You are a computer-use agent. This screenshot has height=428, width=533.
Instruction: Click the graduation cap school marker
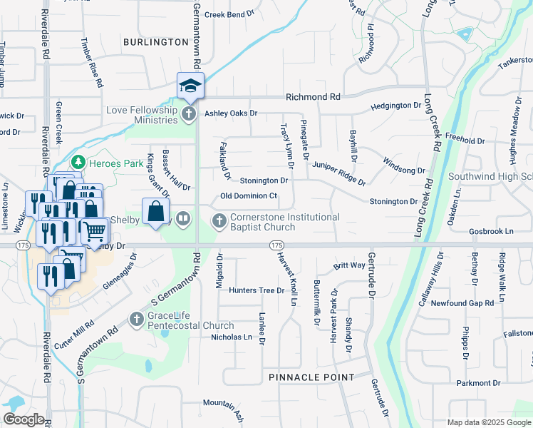coord(190,86)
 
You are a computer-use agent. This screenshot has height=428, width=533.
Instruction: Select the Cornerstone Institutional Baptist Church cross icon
coord(219,221)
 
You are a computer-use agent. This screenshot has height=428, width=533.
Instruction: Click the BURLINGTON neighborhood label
coord(155,43)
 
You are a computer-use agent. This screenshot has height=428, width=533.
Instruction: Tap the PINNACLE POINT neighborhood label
coord(311,377)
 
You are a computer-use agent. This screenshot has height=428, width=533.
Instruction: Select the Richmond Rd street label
coord(313,96)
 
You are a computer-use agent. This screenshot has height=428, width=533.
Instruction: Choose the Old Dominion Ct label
coord(248,195)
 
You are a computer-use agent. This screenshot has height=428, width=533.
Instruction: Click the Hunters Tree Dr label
coord(257,290)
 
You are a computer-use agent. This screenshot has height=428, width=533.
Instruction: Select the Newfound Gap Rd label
coord(462,303)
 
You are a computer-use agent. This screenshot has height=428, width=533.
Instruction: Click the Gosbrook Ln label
coord(491,232)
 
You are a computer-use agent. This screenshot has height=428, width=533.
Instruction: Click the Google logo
coord(24,419)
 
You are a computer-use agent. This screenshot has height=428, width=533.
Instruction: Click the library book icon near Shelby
coord(183,218)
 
